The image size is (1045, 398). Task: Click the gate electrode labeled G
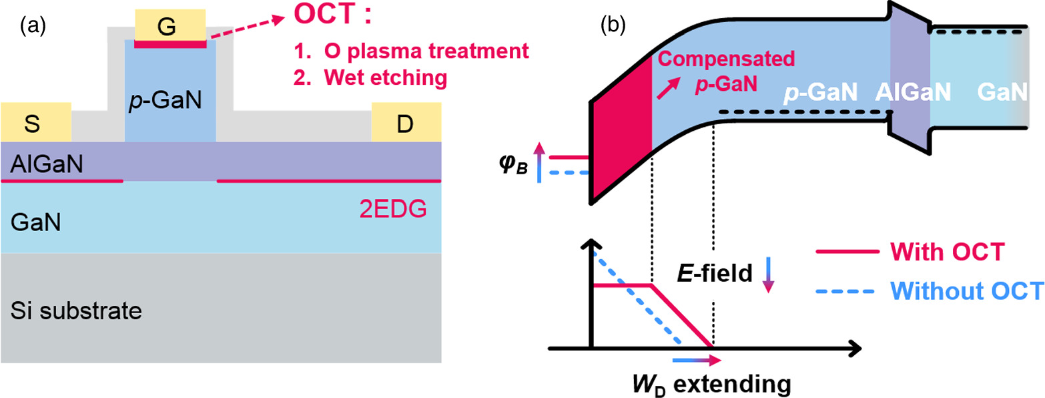coord(170,25)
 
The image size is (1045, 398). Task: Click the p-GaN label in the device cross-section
coord(170,104)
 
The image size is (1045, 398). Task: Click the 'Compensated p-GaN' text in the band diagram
coord(727,73)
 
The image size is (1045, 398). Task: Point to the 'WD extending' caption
coord(713,384)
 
